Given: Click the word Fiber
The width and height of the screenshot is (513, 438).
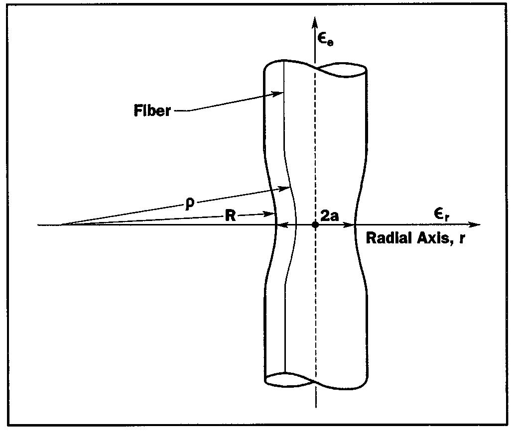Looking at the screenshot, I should tap(152, 110).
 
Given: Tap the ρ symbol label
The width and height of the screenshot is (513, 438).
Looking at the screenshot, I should tap(188, 204).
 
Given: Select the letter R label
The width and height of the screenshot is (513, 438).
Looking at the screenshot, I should tap(230, 217).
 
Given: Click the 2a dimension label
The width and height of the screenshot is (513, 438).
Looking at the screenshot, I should tap(330, 217).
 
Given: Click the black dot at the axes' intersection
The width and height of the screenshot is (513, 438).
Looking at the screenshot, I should tap(315, 225).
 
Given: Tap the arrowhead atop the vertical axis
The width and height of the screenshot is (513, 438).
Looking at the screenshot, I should tap(315, 21).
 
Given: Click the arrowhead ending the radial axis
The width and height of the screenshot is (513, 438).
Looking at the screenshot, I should tap(477, 225).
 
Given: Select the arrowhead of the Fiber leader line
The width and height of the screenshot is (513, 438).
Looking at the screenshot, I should tap(280, 93).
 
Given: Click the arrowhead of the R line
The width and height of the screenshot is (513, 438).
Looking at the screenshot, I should tap(272, 214).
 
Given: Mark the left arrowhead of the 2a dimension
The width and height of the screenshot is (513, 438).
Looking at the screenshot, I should tap(280, 225).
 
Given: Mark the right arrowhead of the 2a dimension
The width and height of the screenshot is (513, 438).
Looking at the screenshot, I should tap(351, 225).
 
